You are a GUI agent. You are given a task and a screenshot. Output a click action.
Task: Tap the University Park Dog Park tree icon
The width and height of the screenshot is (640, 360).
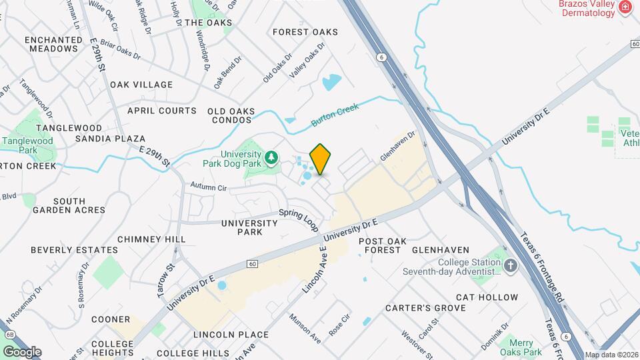tap(271, 157)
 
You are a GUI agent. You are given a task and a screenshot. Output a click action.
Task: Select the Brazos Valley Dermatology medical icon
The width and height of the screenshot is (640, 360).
tap(625, 7)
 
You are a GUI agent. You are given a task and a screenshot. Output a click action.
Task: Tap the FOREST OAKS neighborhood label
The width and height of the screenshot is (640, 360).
tap(305, 32)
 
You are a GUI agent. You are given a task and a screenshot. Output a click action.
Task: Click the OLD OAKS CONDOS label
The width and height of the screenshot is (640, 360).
tap(230, 115)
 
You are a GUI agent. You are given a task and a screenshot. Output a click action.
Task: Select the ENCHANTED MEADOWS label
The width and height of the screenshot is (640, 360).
tap(53, 44)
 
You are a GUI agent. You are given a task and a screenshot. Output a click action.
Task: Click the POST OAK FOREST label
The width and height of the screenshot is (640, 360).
tap(380, 245)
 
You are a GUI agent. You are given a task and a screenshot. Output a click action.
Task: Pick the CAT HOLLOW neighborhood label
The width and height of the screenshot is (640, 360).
tap(487, 297)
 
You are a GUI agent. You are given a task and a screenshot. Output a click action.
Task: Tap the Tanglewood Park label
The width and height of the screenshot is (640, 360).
tap(27, 146)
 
